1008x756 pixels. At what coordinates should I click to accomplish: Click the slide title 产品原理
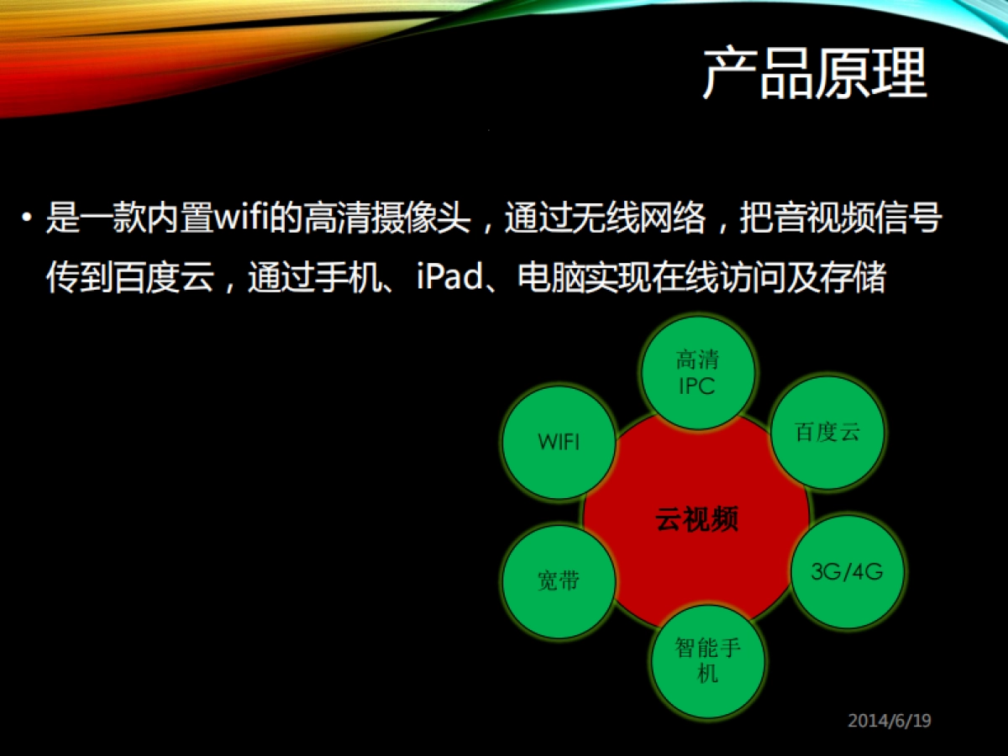(814, 74)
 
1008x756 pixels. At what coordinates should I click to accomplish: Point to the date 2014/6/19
(890, 720)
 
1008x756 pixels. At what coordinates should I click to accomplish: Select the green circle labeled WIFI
(559, 442)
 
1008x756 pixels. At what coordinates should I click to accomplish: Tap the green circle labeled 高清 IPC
(698, 373)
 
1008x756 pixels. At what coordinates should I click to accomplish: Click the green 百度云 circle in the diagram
(827, 433)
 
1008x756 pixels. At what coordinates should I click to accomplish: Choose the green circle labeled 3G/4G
(847, 572)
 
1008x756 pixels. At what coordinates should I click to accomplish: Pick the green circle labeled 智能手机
(708, 660)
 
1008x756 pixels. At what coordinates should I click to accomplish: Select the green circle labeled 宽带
(559, 580)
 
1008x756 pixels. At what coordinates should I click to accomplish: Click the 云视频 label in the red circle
(696, 520)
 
